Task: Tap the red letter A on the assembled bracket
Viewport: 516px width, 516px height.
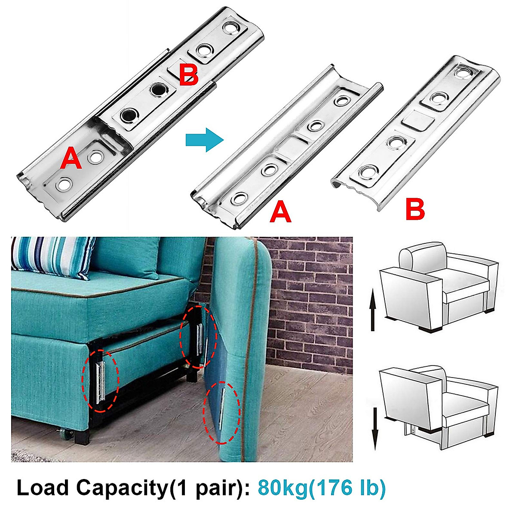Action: (x=71, y=158)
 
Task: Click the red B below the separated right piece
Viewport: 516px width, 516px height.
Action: (x=415, y=209)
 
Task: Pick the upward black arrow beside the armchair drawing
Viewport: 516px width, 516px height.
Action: (x=373, y=310)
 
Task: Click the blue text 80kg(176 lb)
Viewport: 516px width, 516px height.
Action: (x=322, y=488)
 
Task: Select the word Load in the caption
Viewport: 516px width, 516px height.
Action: (x=42, y=488)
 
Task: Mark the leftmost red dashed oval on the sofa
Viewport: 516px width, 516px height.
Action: (x=100, y=379)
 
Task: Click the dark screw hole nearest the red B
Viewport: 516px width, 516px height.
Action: (x=158, y=90)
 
